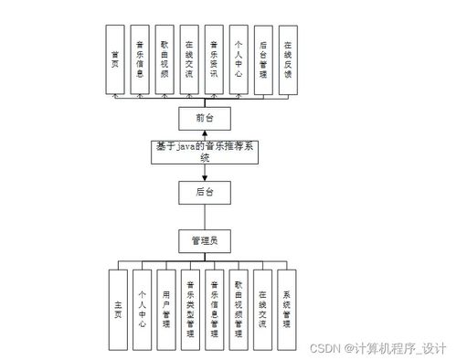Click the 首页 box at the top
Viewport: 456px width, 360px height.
coord(116,59)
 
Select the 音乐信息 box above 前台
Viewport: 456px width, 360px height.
coord(140,59)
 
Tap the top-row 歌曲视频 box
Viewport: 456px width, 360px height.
coord(164,59)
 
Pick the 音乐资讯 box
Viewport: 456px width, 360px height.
coord(213,59)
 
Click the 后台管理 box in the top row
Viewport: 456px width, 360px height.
coord(262,59)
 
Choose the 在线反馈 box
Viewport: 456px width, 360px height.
coord(287,59)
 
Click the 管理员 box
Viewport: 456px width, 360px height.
coord(204,241)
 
